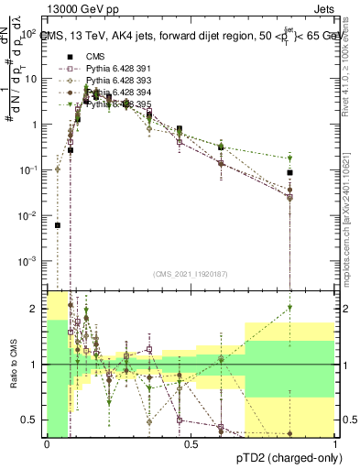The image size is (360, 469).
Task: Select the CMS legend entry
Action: [84, 57]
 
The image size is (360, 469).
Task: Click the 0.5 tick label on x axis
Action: [191, 444]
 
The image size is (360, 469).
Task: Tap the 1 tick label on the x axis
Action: [335, 444]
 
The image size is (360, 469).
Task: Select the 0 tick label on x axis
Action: [47, 444]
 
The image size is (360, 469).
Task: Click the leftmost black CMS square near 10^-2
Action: [57, 224]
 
